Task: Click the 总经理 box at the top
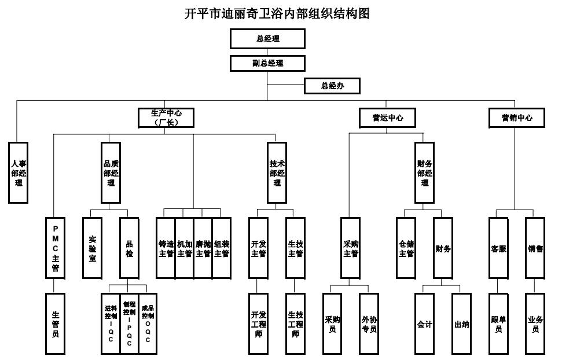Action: point(267,39)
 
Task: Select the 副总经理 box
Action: point(267,63)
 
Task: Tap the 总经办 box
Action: point(332,86)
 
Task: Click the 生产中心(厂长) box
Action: point(166,118)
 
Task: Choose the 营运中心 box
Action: point(387,118)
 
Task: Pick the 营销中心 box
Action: point(517,118)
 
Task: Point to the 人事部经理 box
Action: point(18,172)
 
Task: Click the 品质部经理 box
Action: point(111,172)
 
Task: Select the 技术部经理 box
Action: point(277,172)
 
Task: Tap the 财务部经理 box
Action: point(425,172)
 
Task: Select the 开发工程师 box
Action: point(258,323)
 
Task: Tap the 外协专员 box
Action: point(369,323)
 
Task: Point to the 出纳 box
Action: point(461,323)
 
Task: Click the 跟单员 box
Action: point(498,323)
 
